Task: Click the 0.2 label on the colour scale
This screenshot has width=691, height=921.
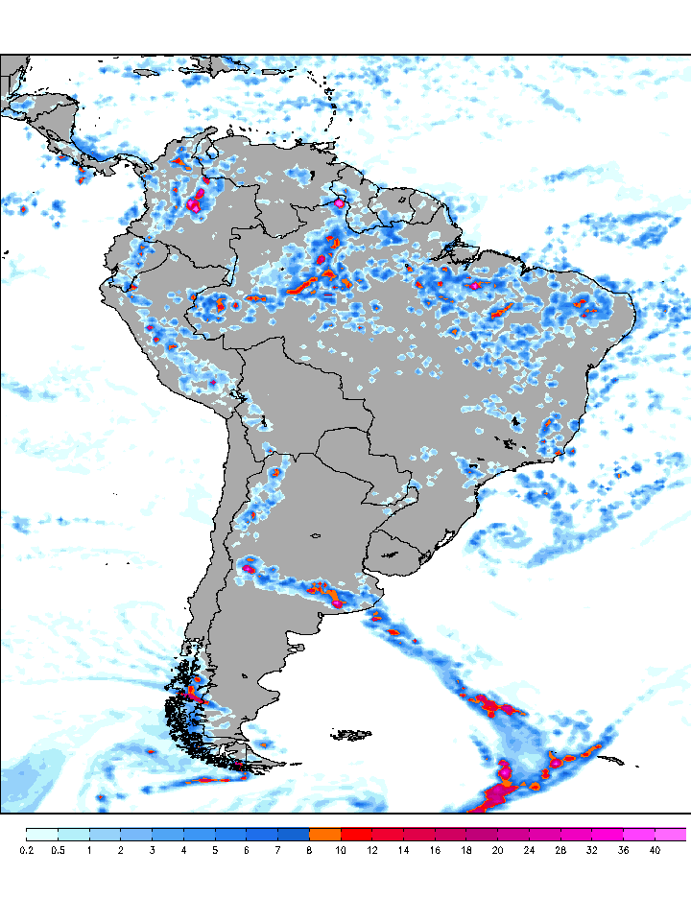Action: coord(26,850)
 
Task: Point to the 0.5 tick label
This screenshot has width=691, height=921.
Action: coord(58,850)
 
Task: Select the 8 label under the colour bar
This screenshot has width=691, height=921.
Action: coord(309,850)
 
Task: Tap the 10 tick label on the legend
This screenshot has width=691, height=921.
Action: coord(341,850)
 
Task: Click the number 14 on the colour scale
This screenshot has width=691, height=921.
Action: coord(403,850)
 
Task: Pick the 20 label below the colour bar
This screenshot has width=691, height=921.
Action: coord(497,850)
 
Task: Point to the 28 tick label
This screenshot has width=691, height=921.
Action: coord(560,850)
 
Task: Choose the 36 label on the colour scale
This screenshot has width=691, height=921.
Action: coord(623,850)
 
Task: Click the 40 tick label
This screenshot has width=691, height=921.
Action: coord(655,850)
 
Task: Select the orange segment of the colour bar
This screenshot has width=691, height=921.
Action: coord(324,834)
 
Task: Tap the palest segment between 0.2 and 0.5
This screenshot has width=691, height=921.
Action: coord(41,834)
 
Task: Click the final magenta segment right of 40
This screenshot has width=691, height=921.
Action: coord(670,834)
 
